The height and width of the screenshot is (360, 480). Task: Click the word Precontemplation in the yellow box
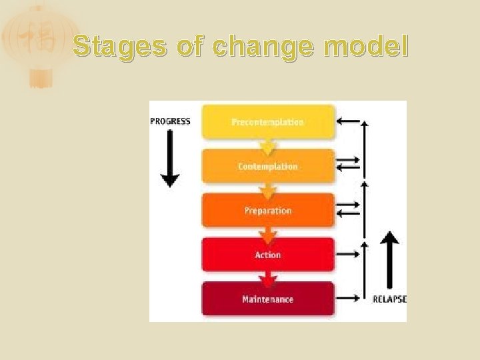pyautogui.click(x=267, y=122)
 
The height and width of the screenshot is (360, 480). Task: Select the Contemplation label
pyautogui.click(x=267, y=166)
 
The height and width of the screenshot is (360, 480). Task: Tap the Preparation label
pyautogui.click(x=267, y=211)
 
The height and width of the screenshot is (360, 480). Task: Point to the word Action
pyautogui.click(x=267, y=255)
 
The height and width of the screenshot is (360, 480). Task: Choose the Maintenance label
pyautogui.click(x=267, y=299)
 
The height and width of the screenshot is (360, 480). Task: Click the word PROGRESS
pyautogui.click(x=170, y=121)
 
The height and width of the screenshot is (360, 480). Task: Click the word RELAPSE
pyautogui.click(x=389, y=299)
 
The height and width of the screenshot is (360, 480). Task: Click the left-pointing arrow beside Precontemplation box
pyautogui.click(x=348, y=121)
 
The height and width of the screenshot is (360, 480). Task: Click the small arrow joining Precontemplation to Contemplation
pyautogui.click(x=268, y=145)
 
